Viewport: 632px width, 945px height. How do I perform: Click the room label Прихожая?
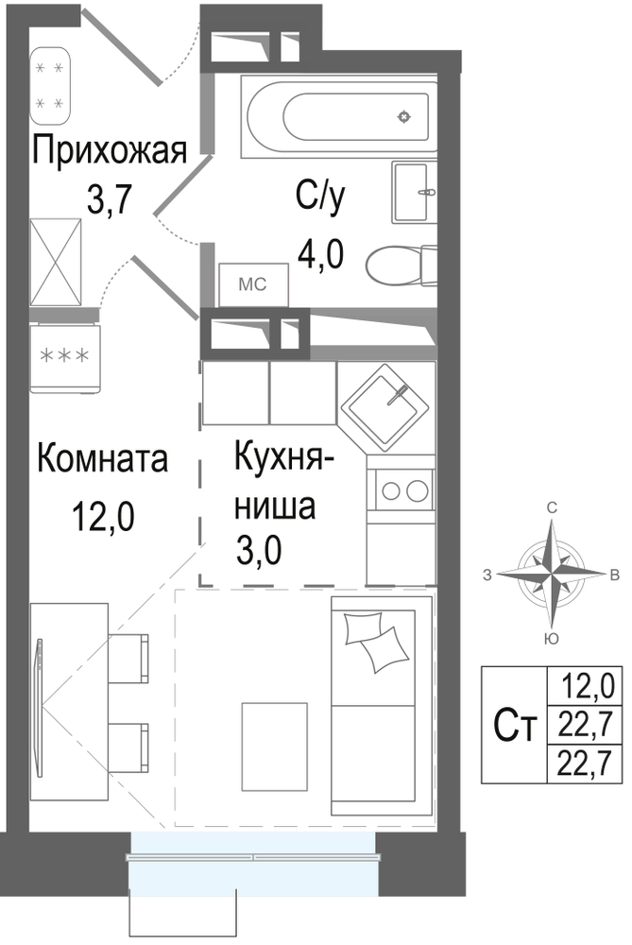pyautogui.click(x=110, y=150)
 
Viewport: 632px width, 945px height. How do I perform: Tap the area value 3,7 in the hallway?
pyautogui.click(x=109, y=200)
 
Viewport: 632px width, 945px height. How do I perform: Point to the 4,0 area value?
pyautogui.click(x=321, y=253)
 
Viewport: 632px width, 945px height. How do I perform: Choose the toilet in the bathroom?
pyautogui.click(x=401, y=266)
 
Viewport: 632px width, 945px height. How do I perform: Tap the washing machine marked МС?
pyautogui.click(x=253, y=284)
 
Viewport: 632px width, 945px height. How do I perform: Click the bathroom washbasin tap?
pyautogui.click(x=427, y=192)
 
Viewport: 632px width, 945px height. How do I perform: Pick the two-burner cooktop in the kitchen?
pyautogui.click(x=401, y=490)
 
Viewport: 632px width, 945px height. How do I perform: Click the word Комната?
pyautogui.click(x=102, y=458)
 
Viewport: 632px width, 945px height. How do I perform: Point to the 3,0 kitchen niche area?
pyautogui.click(x=259, y=550)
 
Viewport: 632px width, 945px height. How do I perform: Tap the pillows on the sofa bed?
pyautogui.click(x=373, y=640)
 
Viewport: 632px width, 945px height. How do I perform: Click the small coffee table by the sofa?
pyautogui.click(x=275, y=747)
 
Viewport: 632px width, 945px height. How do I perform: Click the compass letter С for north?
pyautogui.click(x=552, y=508)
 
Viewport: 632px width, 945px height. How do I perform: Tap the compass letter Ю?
pyautogui.click(x=551, y=639)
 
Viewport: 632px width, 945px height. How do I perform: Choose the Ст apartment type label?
pyautogui.click(x=515, y=726)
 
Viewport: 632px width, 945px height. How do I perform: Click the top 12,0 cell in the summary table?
pyautogui.click(x=587, y=685)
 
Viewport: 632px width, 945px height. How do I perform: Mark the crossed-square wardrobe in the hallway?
pyautogui.click(x=56, y=262)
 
